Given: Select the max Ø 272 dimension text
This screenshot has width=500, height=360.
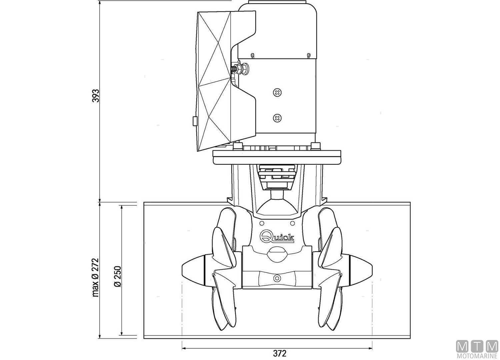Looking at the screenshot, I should [x=96, y=277].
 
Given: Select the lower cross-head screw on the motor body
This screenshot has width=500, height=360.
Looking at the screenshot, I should [x=277, y=117].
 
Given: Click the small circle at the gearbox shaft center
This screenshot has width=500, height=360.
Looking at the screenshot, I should [x=276, y=278].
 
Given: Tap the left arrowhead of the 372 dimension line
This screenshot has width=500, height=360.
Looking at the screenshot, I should [x=184, y=348].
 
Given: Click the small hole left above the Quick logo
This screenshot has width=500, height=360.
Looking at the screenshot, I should [x=261, y=223].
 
